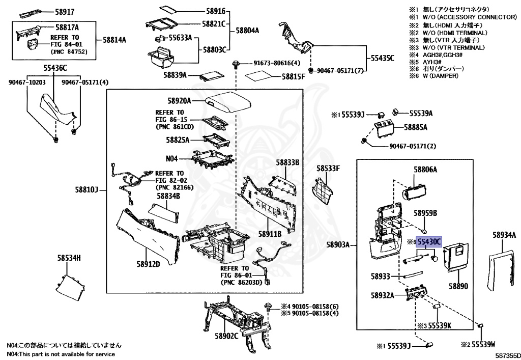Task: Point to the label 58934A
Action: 505,235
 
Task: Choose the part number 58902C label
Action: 226,337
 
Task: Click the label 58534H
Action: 69,258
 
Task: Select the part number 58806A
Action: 425,169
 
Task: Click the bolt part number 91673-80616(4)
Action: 277,63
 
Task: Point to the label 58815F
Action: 293,77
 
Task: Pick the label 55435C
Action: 382,58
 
